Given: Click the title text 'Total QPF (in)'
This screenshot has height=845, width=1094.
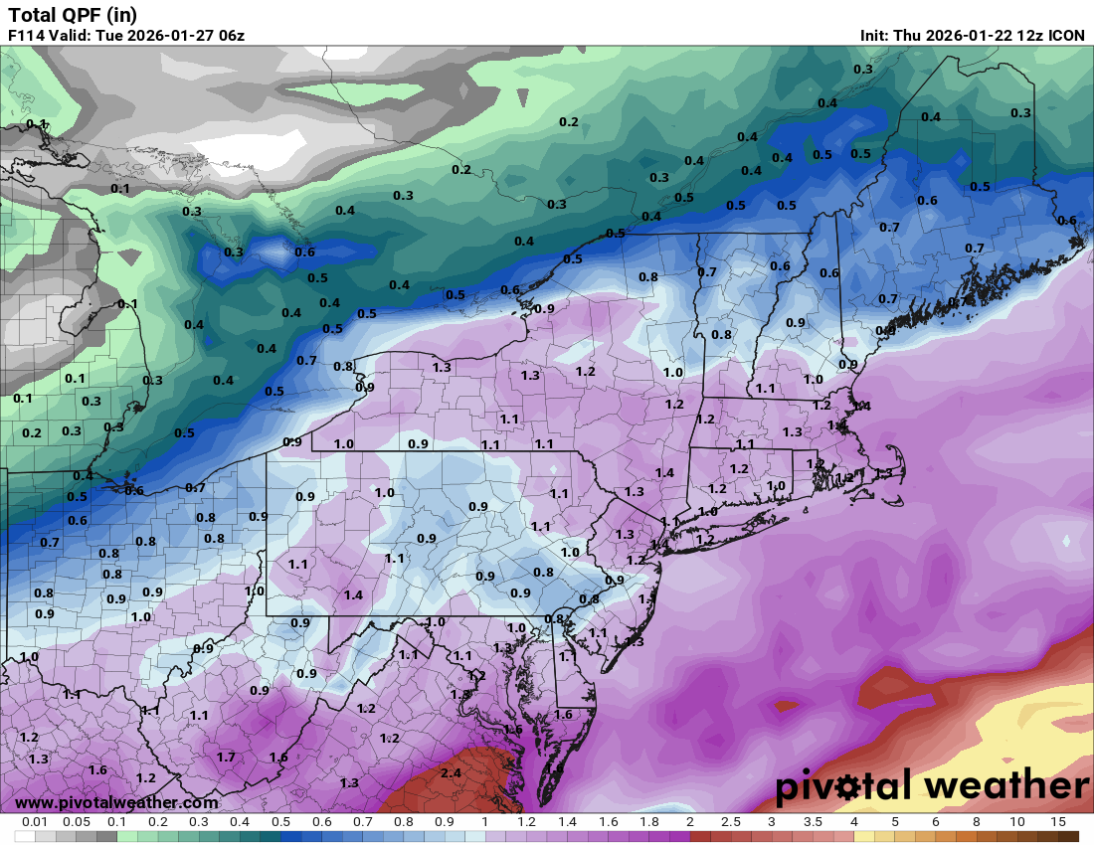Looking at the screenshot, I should pos(73,15).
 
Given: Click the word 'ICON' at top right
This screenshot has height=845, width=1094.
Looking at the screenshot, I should pos(1067,36).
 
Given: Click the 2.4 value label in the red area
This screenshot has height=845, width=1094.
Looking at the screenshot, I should pos(450,772).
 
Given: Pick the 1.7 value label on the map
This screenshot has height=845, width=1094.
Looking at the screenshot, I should pos(226,757).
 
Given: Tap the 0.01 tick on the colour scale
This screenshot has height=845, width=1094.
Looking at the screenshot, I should pos(35,822).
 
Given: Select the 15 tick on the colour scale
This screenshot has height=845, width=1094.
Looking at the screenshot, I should pos(1057,822).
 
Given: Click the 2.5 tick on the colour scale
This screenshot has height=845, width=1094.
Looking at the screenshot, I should pos(731,822).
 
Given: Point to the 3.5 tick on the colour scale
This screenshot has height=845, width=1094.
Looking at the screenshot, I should pos(813,822).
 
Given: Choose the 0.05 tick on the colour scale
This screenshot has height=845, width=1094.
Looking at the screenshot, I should pos(76,822).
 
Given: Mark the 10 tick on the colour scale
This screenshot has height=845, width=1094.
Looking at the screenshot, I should pos(1017,822).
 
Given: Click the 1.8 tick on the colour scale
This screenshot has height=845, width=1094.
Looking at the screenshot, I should pos(649,822).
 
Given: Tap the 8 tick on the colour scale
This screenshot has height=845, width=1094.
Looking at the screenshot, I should pos(977,822).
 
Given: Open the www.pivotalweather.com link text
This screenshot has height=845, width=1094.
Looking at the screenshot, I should pos(116,802).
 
